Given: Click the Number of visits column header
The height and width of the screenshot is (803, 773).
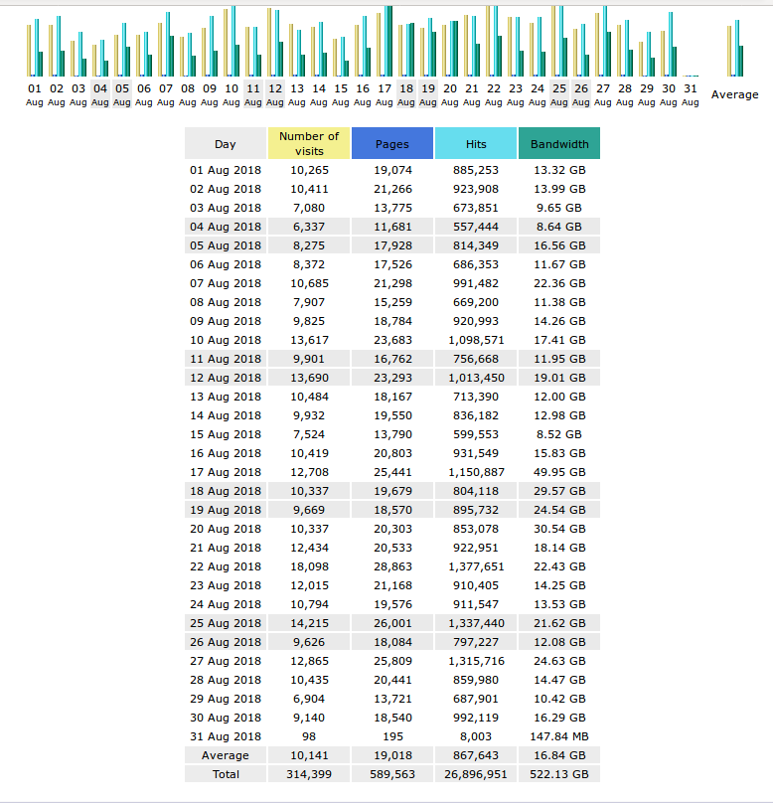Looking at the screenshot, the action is [309, 143].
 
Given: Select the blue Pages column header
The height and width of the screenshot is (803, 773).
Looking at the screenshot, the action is [392, 143].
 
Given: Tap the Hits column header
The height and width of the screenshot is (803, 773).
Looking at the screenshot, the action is [476, 143].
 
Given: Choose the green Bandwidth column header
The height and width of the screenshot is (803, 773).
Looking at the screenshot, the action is [559, 143].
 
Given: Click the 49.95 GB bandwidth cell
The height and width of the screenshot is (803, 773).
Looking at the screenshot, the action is [559, 472].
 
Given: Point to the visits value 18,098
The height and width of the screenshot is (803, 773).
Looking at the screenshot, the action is [309, 566].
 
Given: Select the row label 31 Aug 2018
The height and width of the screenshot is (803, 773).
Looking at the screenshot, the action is [226, 736].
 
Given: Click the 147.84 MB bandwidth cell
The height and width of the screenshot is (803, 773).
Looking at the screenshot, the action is [559, 736].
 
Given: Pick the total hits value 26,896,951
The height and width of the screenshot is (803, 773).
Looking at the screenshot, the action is [476, 774].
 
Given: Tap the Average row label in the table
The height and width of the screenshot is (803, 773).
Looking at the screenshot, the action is [226, 755].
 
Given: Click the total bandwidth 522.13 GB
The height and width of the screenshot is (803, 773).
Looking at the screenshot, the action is [559, 774].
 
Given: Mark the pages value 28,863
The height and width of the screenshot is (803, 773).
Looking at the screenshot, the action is [392, 566].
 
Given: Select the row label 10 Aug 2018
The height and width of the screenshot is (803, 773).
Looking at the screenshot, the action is [226, 340].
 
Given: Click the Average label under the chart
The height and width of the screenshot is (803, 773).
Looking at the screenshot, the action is [734, 94].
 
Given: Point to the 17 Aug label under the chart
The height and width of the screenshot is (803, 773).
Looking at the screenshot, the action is [385, 94].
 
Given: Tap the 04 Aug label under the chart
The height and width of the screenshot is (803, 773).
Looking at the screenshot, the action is [100, 94].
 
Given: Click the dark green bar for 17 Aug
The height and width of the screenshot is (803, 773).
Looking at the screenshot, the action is [388, 41].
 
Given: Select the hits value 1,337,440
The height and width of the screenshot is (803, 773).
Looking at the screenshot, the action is [476, 623].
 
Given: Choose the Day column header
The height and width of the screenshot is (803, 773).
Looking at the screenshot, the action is [226, 143].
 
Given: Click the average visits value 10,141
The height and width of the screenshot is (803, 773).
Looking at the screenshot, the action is [309, 755].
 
